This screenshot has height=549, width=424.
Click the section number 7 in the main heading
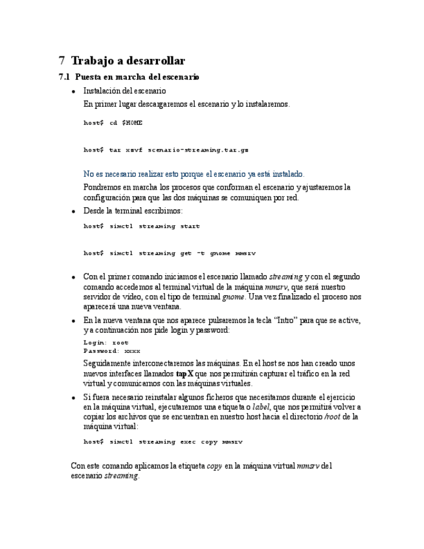click(x=61, y=61)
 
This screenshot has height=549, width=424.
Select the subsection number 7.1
click(x=63, y=77)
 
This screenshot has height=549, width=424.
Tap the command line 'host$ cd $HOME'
click(x=113, y=123)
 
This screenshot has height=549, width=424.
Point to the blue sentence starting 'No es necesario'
click(x=194, y=174)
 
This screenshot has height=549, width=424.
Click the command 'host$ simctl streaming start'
click(x=142, y=226)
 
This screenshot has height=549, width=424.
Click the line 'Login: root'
click(x=106, y=342)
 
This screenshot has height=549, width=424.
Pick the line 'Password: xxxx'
click(x=112, y=350)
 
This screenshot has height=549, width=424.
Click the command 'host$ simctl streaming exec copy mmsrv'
click(x=162, y=442)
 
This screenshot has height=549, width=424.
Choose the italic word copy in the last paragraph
click(x=214, y=465)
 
